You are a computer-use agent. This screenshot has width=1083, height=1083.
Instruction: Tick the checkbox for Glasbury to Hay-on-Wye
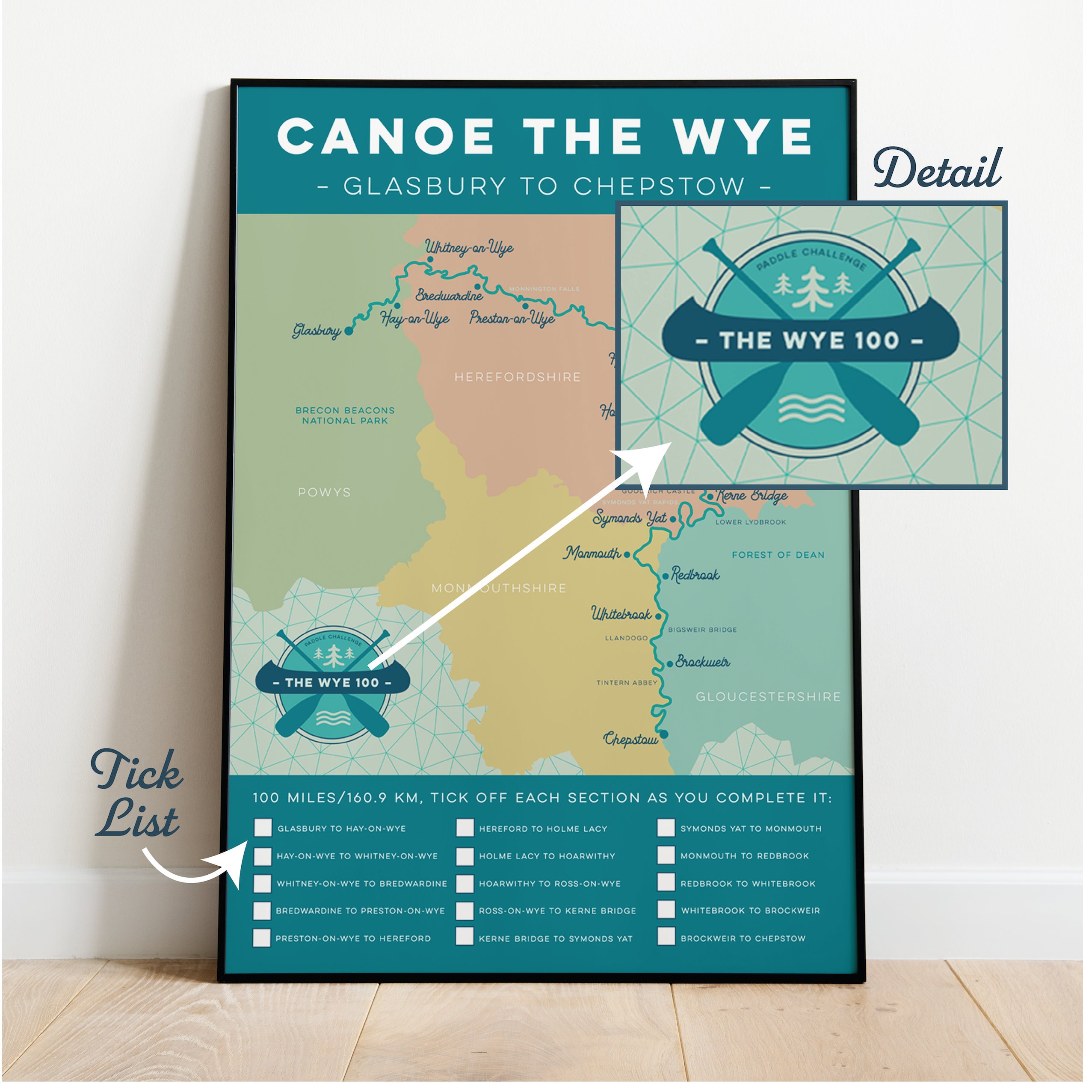(x=262, y=827)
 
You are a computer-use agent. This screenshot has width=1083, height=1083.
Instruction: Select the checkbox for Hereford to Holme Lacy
(x=465, y=827)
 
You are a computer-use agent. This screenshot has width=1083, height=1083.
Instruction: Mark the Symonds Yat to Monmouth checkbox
(x=666, y=827)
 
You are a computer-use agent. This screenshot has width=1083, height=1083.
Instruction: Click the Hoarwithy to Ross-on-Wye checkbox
(x=465, y=883)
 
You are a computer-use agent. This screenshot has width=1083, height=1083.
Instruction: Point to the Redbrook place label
(x=695, y=574)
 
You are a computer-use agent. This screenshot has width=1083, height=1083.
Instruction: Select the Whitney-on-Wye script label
(x=469, y=247)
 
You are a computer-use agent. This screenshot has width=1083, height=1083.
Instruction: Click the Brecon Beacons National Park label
(x=345, y=415)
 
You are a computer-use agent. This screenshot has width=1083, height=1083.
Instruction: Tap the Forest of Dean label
(x=778, y=555)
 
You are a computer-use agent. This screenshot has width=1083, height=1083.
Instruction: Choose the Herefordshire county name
(x=517, y=377)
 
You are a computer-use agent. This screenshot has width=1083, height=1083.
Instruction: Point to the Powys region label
(x=324, y=492)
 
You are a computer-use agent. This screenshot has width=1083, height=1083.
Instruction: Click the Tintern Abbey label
(x=626, y=683)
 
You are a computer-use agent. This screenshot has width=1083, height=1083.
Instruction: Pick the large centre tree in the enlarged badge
(x=811, y=287)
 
